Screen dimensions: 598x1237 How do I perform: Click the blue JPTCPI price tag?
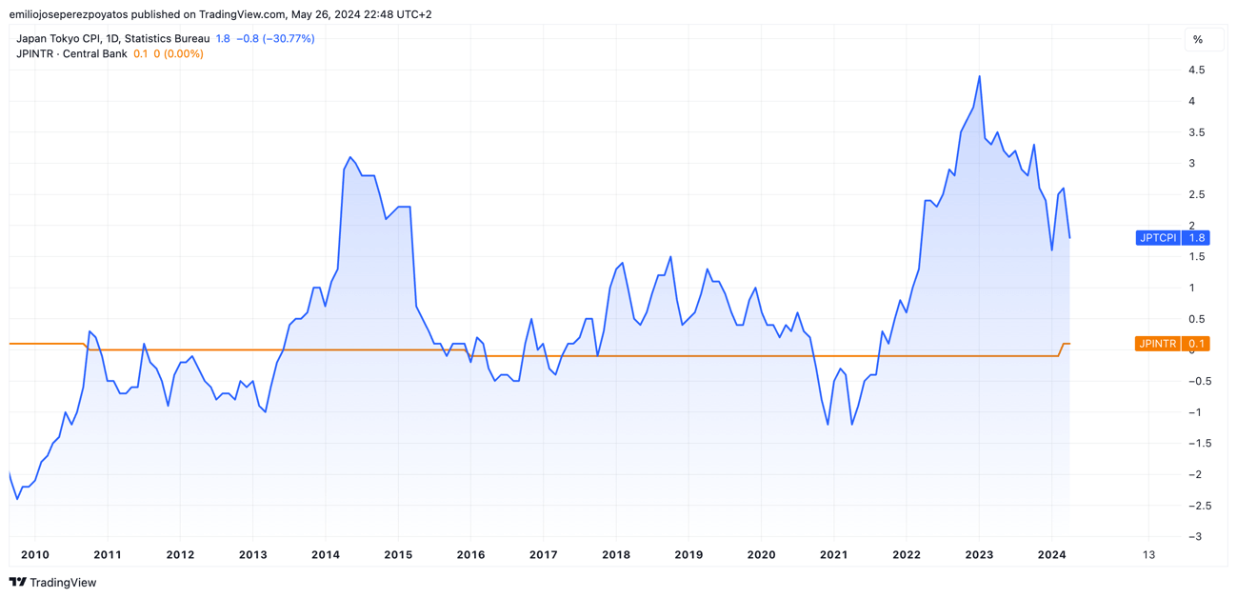pyautogui.click(x=1172, y=238)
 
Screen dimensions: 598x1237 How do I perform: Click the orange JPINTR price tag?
pyautogui.click(x=1172, y=344)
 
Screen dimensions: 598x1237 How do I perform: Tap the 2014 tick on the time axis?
pyautogui.click(x=326, y=555)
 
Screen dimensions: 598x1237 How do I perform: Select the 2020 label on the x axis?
pyautogui.click(x=761, y=555)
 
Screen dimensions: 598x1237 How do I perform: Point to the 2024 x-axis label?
pyautogui.click(x=1051, y=555)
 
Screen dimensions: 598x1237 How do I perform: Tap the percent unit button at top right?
pyautogui.click(x=1198, y=40)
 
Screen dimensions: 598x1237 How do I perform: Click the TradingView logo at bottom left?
pyautogui.click(x=53, y=583)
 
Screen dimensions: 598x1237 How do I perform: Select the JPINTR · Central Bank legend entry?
pyautogui.click(x=71, y=54)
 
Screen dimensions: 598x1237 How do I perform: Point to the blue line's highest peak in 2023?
pyautogui.click(x=980, y=76)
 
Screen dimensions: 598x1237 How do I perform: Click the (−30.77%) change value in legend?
pyautogui.click(x=289, y=39)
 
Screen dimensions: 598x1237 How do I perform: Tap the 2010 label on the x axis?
pyautogui.click(x=35, y=555)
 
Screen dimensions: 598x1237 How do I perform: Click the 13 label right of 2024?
pyautogui.click(x=1148, y=555)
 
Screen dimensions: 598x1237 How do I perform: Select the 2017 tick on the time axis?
pyautogui.click(x=543, y=555)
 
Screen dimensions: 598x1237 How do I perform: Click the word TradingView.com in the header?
pyautogui.click(x=242, y=14)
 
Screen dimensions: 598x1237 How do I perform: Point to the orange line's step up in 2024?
pyautogui.click(x=1063, y=349)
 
